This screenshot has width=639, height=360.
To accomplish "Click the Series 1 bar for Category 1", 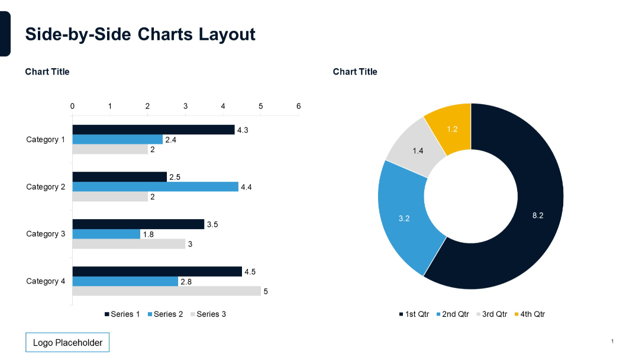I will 153,130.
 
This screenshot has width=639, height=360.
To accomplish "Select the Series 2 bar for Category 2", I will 155,187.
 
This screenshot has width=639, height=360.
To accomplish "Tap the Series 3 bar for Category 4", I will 166,291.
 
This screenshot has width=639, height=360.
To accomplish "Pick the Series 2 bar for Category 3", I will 106,234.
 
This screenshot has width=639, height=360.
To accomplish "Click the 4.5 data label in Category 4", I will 250,272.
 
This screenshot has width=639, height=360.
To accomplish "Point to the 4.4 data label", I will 246,187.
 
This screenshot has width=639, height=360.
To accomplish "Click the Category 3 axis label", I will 46,234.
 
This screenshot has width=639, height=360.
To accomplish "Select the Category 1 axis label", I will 46,140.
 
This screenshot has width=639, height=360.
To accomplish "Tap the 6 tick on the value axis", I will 298,106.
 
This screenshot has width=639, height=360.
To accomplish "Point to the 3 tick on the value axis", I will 185,106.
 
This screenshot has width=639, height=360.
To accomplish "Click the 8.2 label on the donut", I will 537,216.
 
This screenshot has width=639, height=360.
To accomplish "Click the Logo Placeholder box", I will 67,343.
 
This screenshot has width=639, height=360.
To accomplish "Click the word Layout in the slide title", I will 227,34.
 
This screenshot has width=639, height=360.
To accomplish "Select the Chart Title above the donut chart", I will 355,72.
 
